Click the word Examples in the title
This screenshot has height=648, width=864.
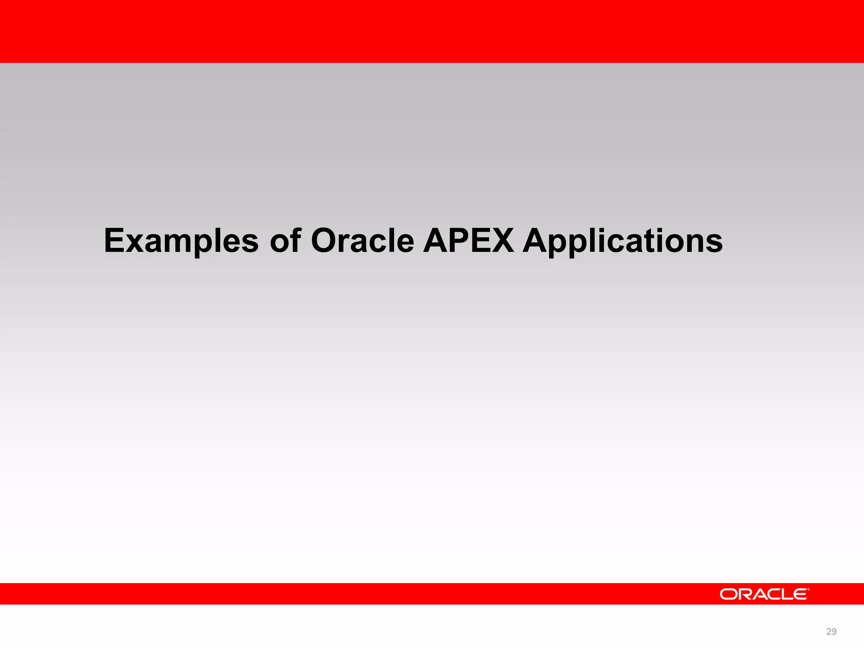[181, 241]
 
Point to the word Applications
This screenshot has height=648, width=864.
[623, 241]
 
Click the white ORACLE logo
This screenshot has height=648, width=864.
[764, 594]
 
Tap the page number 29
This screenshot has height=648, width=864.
[831, 632]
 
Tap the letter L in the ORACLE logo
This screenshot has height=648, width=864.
[784, 594]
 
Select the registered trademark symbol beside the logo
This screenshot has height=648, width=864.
[808, 589]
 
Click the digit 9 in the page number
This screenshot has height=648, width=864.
[834, 632]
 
